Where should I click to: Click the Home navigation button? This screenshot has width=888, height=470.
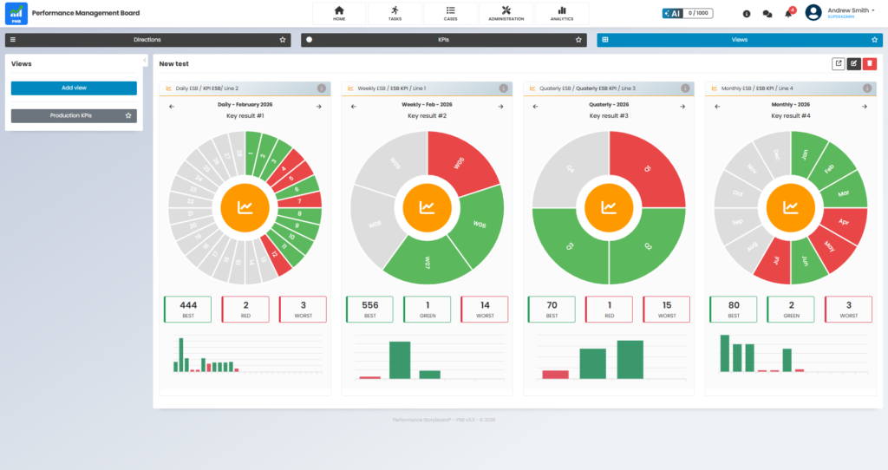pyautogui.click(x=339, y=13)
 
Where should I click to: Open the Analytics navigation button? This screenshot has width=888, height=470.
pyautogui.click(x=561, y=13)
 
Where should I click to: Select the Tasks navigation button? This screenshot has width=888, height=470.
pyautogui.click(x=395, y=13)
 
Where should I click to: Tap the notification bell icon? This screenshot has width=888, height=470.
pyautogui.click(x=788, y=14)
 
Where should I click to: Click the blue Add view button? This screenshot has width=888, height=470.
pyautogui.click(x=74, y=88)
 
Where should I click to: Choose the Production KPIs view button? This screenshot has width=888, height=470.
pyautogui.click(x=74, y=115)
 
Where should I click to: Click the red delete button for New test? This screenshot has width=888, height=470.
pyautogui.click(x=870, y=63)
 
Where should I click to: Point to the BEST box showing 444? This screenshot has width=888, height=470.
pyautogui.click(x=187, y=309)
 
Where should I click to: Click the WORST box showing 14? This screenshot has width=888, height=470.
pyautogui.click(x=484, y=309)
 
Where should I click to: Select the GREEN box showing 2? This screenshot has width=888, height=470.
pyautogui.click(x=791, y=309)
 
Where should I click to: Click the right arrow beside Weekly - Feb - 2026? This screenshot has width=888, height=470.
pyautogui.click(x=501, y=107)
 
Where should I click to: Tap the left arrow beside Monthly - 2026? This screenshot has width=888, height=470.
pyautogui.click(x=717, y=107)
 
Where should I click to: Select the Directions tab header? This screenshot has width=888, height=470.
pyautogui.click(x=147, y=40)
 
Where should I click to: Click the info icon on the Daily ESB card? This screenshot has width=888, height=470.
pyautogui.click(x=321, y=88)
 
